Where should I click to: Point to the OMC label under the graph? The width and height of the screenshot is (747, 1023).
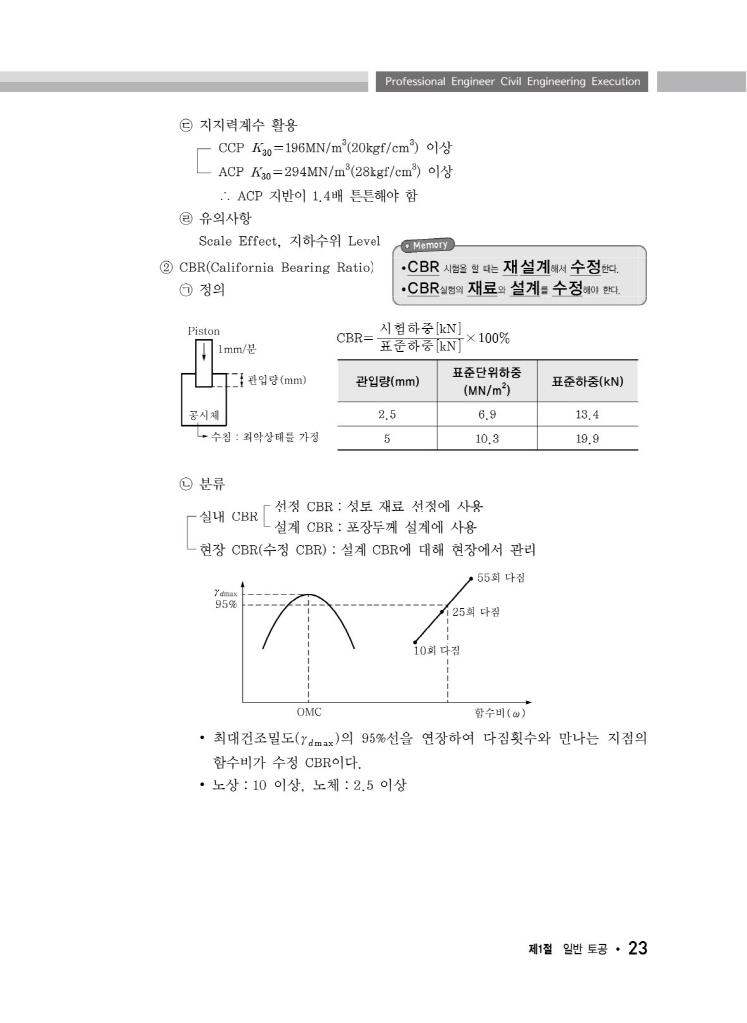(x=309, y=713)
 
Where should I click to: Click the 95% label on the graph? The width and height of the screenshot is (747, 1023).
(x=226, y=605)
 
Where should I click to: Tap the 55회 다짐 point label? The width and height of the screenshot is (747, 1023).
(x=502, y=578)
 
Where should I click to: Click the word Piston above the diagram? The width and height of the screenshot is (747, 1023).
(x=204, y=330)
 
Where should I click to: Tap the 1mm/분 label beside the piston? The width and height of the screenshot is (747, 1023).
(x=237, y=349)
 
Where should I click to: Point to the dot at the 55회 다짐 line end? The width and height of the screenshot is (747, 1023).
(x=471, y=577)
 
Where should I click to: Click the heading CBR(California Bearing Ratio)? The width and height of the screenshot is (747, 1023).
(x=275, y=268)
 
